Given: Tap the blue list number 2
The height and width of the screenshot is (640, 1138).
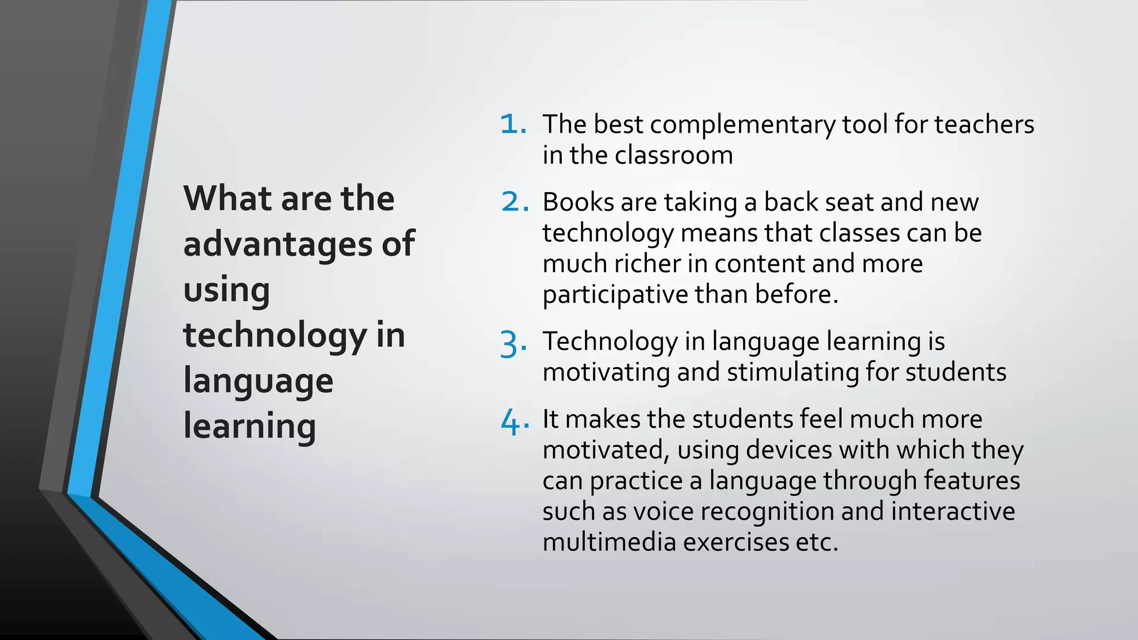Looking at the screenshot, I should tap(513, 202).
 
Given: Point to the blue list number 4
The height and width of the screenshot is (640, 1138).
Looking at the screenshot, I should tap(512, 422).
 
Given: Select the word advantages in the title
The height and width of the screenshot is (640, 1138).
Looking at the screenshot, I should tap(276, 244).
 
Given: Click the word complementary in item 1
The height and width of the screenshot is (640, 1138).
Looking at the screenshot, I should tap(742, 125).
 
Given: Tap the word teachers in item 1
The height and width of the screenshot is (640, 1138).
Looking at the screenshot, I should tap(984, 124).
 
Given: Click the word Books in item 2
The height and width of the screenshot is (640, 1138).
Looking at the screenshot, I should tap(578, 202).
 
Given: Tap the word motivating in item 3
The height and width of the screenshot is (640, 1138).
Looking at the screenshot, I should tap(606, 372).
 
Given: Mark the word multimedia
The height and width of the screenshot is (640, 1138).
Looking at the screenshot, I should tap(609, 542).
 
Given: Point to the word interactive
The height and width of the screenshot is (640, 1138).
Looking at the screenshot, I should tap(953, 512).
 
